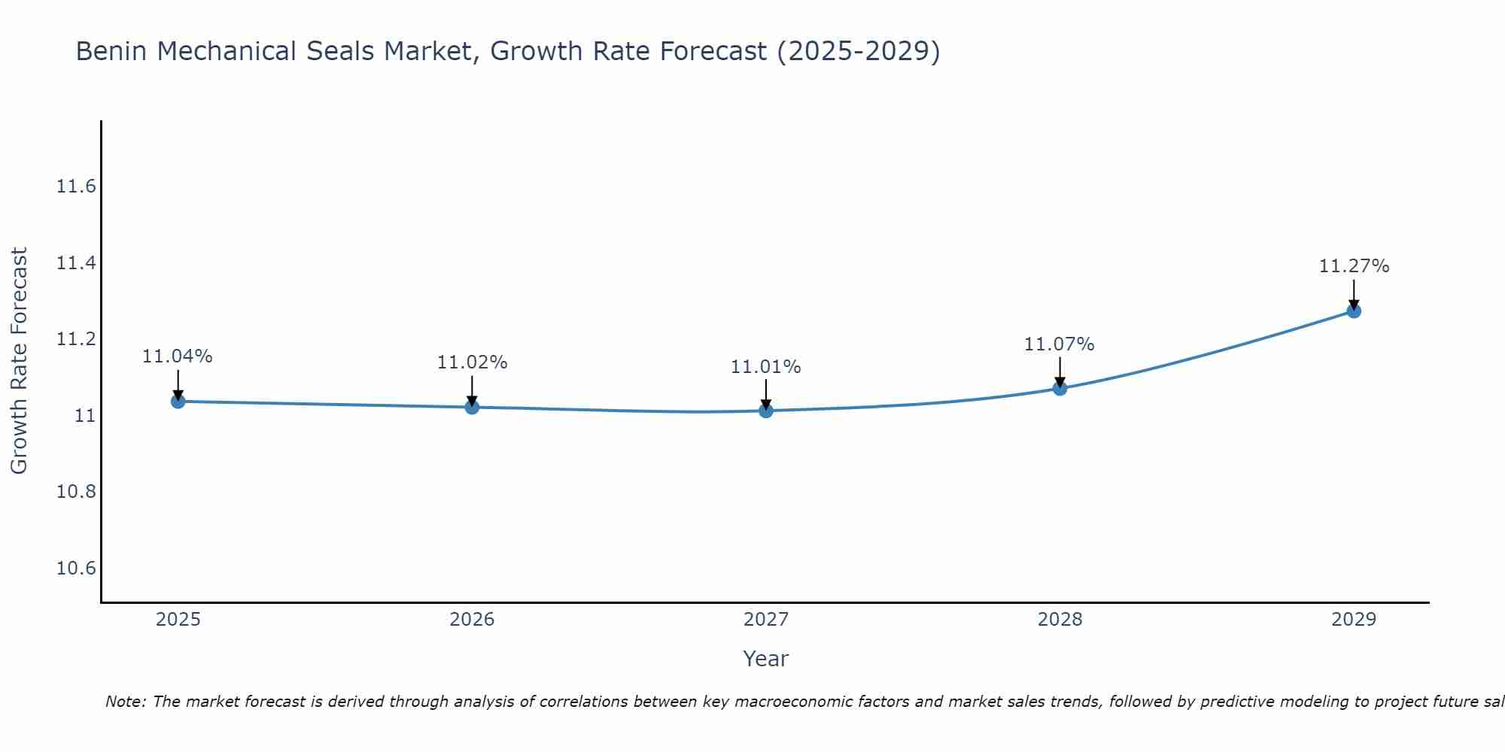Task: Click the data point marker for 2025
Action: click(178, 402)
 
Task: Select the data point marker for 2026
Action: click(472, 408)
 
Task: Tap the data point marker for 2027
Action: click(766, 411)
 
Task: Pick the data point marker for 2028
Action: click(1060, 389)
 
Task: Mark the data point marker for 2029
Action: click(1354, 311)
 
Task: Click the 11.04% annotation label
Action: click(178, 356)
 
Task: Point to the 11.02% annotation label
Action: click(472, 362)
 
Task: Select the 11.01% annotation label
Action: click(766, 367)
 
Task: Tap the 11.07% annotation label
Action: click(1059, 344)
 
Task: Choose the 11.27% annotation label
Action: click(1354, 266)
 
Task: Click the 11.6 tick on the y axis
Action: click(76, 186)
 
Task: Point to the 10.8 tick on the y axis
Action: click(76, 492)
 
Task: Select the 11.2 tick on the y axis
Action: click(76, 339)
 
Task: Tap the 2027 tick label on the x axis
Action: click(766, 620)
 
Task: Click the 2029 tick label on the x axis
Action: click(1354, 620)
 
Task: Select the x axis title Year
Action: click(765, 659)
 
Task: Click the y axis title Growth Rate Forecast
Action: click(19, 361)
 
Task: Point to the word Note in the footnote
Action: click(126, 702)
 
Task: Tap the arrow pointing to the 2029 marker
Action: click(1354, 293)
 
